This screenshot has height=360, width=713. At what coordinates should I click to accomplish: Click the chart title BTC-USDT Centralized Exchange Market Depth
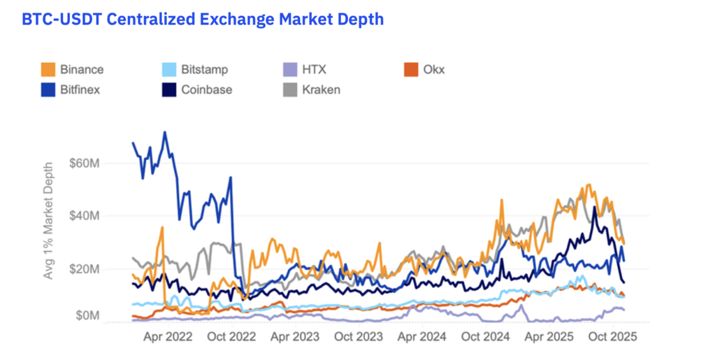pos(203,19)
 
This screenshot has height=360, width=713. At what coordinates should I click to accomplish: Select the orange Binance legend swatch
pos(48,69)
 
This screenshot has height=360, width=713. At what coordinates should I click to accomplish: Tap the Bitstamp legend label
pos(204,69)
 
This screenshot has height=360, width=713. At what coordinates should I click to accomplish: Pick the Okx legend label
pos(433,69)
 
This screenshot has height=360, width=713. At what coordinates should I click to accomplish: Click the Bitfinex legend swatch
pos(48,89)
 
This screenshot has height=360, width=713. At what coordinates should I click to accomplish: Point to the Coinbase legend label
pos(206,89)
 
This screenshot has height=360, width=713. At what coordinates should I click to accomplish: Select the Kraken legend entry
pos(321,89)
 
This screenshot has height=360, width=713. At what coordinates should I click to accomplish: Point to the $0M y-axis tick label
pos(92,316)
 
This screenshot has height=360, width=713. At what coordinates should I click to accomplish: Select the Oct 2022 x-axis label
pos(232,336)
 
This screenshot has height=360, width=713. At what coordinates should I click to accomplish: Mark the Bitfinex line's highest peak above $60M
pos(165,131)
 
